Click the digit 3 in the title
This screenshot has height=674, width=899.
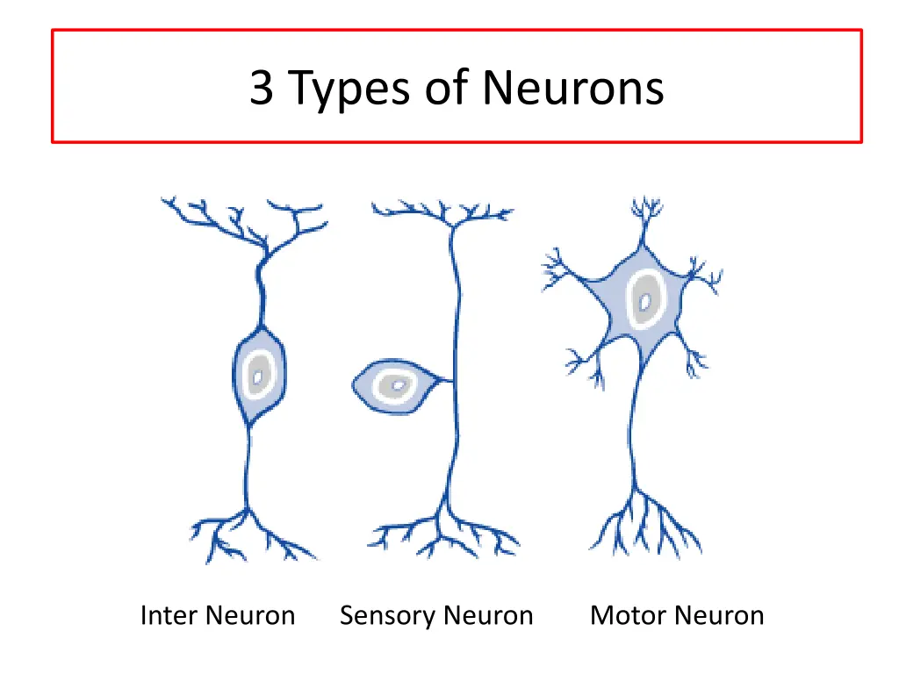[x=262, y=88]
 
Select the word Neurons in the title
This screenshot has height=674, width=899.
[x=572, y=88]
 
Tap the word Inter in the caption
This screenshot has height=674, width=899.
[x=168, y=616]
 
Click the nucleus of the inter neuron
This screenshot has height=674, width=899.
[x=257, y=376]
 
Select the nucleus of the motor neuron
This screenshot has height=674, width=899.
[x=645, y=303]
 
